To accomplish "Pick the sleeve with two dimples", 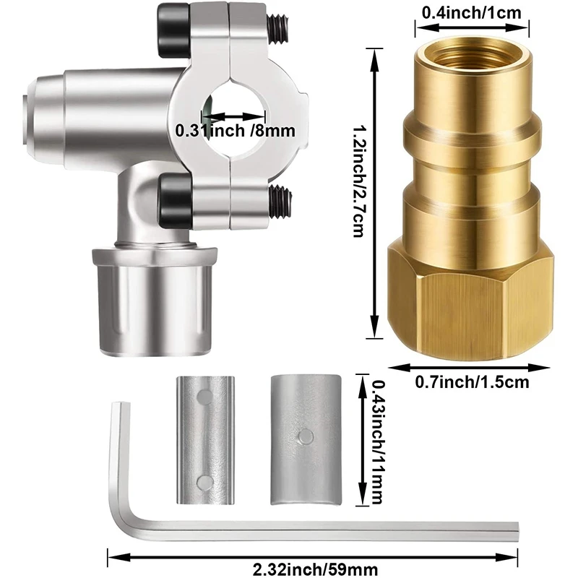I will tap(206, 440).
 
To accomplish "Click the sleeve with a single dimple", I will tap(304, 441).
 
